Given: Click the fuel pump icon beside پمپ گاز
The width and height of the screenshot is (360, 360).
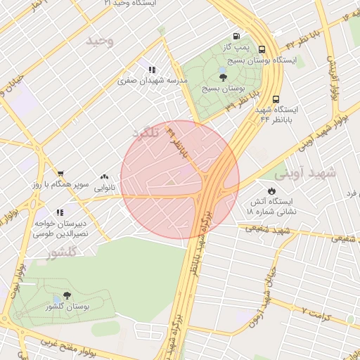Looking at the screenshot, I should [235, 37].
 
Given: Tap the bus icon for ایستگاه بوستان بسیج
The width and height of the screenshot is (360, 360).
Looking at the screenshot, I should [262, 49].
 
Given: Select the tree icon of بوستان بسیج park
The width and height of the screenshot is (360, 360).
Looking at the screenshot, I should [223, 77].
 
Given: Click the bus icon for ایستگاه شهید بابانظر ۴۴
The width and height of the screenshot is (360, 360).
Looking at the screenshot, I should [276, 100].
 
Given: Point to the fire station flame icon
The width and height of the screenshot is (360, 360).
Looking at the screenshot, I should [271, 191].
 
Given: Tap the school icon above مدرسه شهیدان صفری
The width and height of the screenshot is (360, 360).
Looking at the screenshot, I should [152, 70].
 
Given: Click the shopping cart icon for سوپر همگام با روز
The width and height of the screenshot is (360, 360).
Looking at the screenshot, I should [60, 173].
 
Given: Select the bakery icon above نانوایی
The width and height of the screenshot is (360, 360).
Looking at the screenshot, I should [104, 177].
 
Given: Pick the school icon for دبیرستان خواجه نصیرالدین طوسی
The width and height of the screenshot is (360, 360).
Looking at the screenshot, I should [60, 212].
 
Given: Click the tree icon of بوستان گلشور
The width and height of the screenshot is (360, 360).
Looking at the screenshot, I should [67, 295].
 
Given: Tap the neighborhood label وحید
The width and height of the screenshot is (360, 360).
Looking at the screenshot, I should [99, 41].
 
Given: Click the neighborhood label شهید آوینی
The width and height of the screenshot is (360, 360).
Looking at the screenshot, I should [306, 172].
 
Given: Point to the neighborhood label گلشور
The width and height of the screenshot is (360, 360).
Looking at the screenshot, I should [60, 254].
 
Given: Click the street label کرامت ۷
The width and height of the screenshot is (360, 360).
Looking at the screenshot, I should [314, 309].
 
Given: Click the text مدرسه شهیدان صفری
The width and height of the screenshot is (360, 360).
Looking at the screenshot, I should [153, 81].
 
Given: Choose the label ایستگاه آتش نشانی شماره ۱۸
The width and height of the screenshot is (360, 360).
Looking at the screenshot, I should [272, 206].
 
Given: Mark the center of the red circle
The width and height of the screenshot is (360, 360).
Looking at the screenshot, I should [180, 180].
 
